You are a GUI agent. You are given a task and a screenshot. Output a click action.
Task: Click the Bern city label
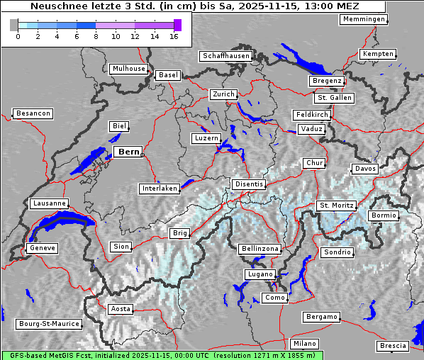coord(128,152)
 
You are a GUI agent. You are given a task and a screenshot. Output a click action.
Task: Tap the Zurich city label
coord(223,94)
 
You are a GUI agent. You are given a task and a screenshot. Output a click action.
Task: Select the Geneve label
coord(41,248)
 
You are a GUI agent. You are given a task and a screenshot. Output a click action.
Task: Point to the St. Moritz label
coord(336,206)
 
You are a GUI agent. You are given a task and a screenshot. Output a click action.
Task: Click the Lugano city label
coord(260,274)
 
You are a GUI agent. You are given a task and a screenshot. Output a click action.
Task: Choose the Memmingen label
coord(363,19)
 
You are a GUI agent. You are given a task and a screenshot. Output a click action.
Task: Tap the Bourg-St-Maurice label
coord(49,324)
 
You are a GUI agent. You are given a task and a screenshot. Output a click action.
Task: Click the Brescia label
coord(393,346)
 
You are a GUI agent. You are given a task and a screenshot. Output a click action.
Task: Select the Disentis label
coord(248,184)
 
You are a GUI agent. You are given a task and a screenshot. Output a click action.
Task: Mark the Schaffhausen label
coord(225,55)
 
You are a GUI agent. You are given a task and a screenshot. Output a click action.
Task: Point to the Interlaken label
coord(160,189)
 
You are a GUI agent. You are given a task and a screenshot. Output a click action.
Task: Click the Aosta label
coord(120,309)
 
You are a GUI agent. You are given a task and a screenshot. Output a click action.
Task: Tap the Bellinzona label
coord(260,249)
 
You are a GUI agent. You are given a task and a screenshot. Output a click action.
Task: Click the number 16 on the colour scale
coord(174,36)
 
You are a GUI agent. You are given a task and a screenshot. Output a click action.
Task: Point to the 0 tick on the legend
coord(18,36)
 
